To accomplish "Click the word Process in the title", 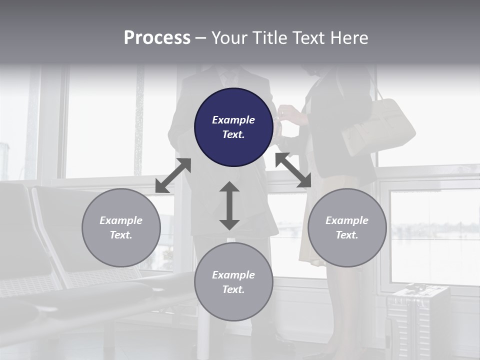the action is tap(157, 38).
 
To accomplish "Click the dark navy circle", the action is tap(233, 127).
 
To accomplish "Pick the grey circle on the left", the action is tap(121, 227).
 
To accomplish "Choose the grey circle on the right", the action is tap(347, 227).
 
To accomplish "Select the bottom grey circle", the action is tap(233, 281).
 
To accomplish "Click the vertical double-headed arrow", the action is tap(229, 205).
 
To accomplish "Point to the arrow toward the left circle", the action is tap(173, 175).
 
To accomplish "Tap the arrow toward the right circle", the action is tap(293, 170).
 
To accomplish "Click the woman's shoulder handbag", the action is tap(378, 126).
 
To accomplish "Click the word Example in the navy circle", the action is tap(233, 119).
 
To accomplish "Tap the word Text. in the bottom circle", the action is tap(233, 289).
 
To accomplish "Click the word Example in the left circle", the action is tap(121, 220).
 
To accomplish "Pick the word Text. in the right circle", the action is tap(347, 235).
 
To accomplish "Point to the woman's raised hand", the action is tap(289, 114).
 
